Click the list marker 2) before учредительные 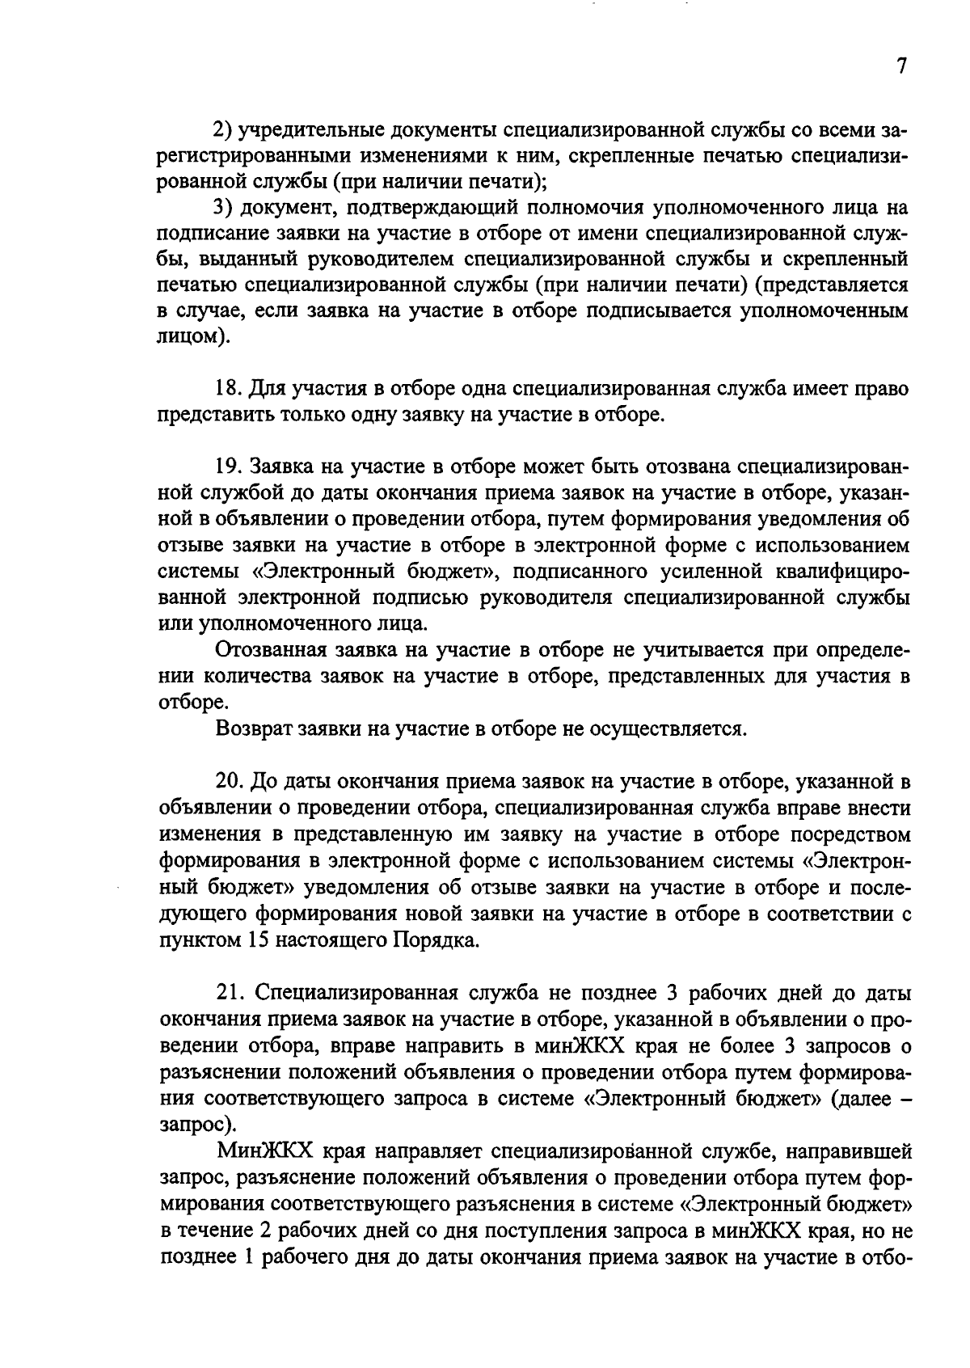pyautogui.click(x=223, y=129)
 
